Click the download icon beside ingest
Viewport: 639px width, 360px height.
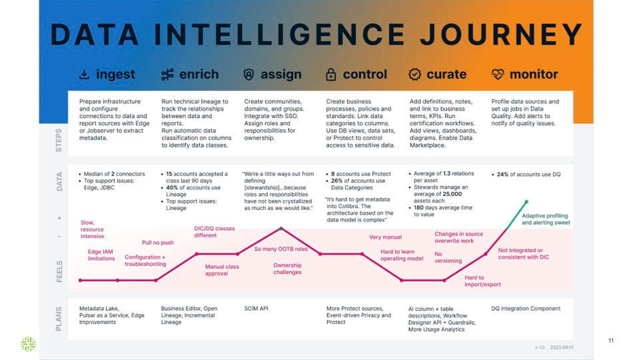(x=85, y=75)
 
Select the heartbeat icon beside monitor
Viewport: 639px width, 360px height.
(x=497, y=75)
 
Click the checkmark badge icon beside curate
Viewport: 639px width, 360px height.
(x=414, y=75)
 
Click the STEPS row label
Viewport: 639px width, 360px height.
(x=59, y=140)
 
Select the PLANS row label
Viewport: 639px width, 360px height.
(x=59, y=319)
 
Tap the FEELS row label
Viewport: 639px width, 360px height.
(x=59, y=271)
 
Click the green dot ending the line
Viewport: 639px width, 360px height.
(x=526, y=201)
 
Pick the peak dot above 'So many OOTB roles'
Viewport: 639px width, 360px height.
(x=281, y=229)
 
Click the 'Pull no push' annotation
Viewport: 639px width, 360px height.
(x=157, y=243)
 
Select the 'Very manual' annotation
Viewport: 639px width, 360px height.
(x=385, y=237)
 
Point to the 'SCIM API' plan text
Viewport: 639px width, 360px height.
(x=256, y=309)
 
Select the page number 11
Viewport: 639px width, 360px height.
(x=610, y=341)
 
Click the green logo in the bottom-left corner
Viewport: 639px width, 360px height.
(x=28, y=344)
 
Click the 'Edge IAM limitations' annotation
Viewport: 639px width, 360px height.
(x=101, y=255)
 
